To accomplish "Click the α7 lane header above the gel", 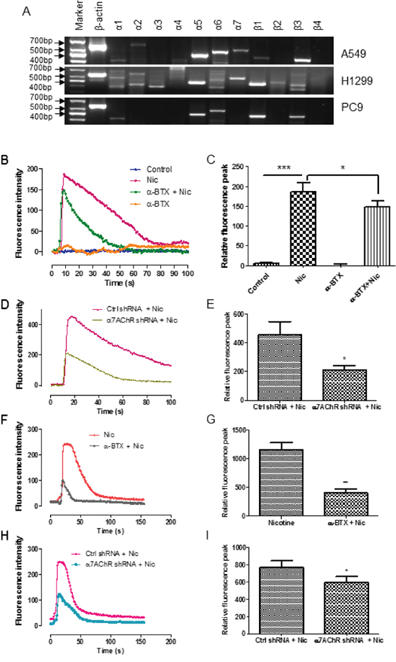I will tap(239, 22).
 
